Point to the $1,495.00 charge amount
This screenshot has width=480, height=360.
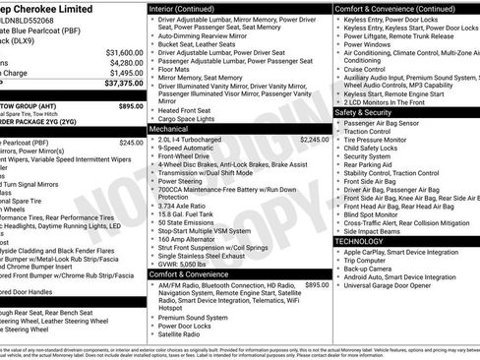click(x=125, y=74)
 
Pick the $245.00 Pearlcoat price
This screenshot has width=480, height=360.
click(x=131, y=143)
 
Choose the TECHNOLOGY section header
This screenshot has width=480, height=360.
click(x=359, y=240)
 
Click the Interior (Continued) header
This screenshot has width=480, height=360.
click(x=189, y=8)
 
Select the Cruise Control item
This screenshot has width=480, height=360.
click(x=364, y=69)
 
